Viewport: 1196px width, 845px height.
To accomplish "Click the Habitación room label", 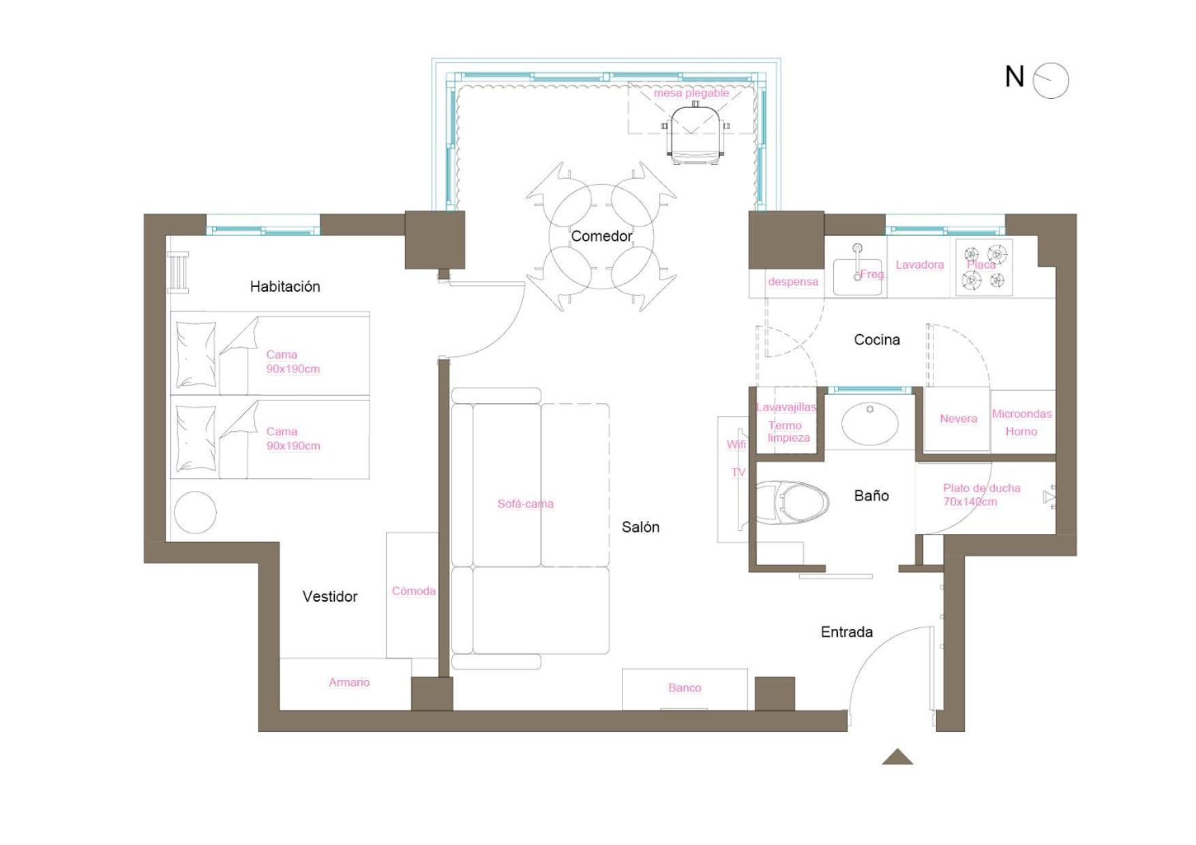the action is [285, 286].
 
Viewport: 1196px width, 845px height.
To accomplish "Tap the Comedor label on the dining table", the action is [601, 236].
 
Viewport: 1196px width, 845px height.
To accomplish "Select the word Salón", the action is [640, 527].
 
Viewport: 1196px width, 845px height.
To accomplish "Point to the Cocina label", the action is [877, 340].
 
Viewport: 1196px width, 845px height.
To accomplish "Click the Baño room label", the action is [871, 496].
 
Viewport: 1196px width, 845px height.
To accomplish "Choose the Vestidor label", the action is [330, 597].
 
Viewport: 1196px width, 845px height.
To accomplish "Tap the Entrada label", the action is [847, 632].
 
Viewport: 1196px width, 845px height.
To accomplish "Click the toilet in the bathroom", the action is [792, 503].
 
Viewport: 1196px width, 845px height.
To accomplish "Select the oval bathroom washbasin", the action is [869, 424].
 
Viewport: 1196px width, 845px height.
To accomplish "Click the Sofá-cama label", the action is [525, 504].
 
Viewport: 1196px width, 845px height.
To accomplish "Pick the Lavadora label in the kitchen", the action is [920, 265].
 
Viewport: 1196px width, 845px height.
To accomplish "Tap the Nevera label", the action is [958, 419].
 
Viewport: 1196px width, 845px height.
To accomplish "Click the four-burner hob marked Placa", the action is [984, 267].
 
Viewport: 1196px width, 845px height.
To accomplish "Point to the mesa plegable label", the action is [691, 93].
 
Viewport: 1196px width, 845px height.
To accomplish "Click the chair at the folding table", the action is [696, 134].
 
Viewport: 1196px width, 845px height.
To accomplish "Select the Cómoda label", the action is [413, 591].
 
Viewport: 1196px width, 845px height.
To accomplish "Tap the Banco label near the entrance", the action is [685, 688].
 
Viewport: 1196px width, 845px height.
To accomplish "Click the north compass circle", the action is [1051, 80].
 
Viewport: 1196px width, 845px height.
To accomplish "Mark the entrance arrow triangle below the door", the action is [897, 757].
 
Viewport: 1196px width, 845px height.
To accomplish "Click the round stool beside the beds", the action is [195, 512].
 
